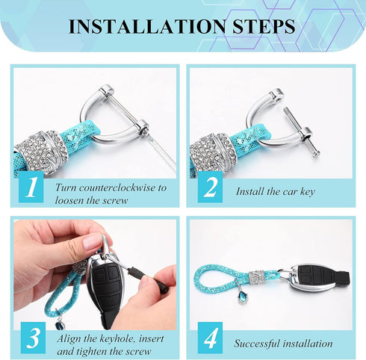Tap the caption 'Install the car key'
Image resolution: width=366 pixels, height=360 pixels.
click(x=275, y=192)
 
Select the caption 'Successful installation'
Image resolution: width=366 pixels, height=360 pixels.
click(x=283, y=344)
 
